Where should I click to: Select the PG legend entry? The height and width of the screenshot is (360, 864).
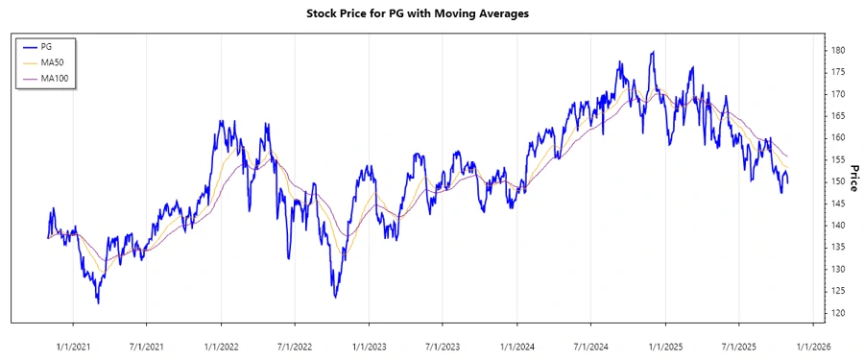pos(45,46)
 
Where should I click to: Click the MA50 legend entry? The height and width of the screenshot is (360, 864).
pos(52,61)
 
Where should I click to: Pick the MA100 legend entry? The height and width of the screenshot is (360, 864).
pos(54,78)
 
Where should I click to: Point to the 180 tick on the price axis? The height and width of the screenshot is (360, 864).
pos(838,50)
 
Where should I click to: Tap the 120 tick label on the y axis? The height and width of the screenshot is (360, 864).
pos(838,313)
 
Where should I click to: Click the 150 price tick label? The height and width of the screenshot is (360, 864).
pos(838,181)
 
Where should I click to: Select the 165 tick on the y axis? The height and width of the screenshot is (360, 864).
pos(838,115)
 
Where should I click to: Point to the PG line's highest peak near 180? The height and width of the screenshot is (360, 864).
pos(653,52)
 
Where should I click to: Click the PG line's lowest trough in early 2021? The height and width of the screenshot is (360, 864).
pos(98,302)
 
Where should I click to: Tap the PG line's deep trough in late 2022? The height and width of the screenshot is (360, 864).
pos(335,297)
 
